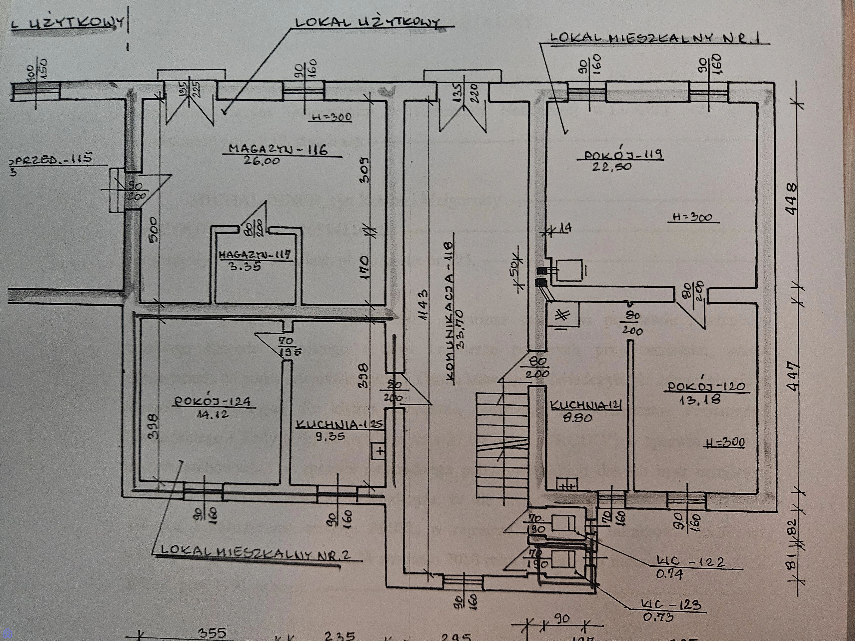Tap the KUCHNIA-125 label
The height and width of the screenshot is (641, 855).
[x=339, y=425]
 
